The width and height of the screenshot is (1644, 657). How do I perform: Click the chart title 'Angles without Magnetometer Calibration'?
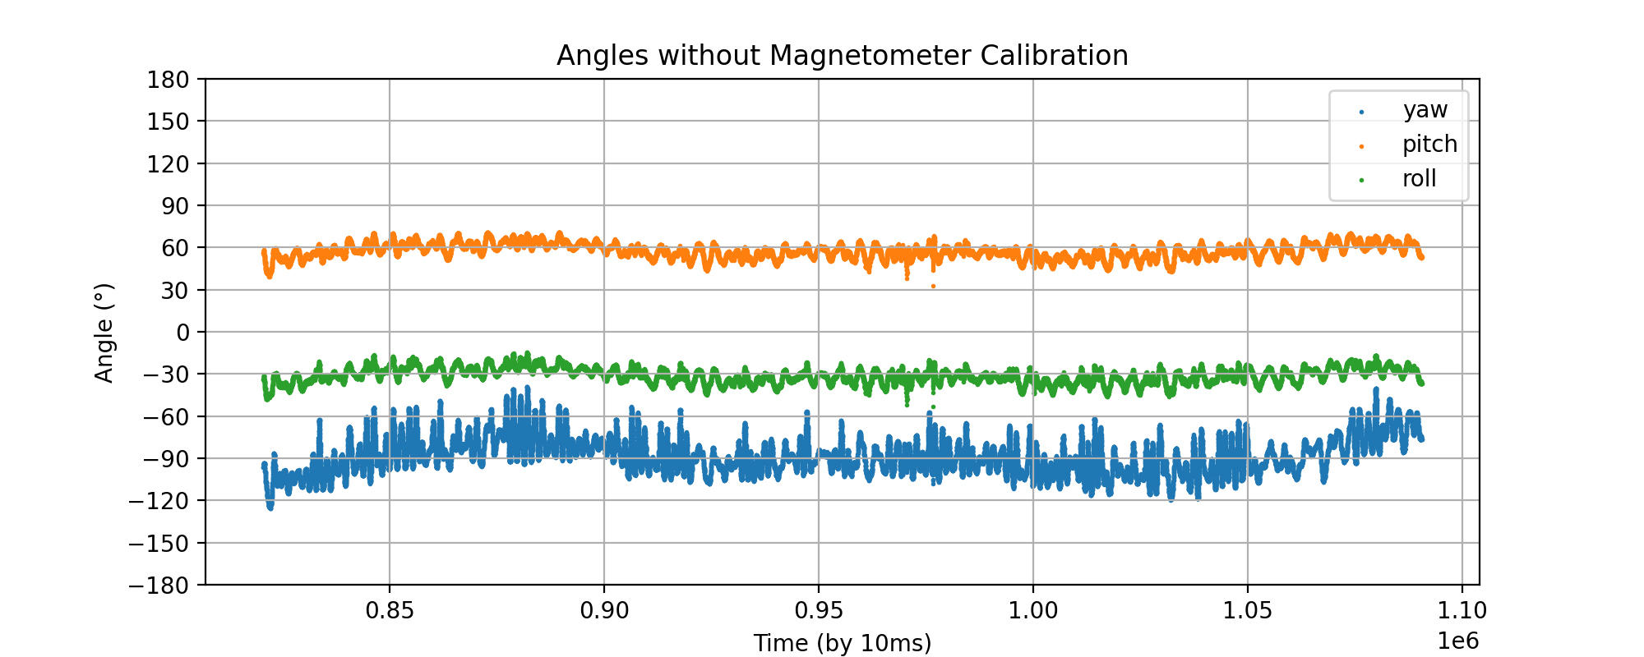842,56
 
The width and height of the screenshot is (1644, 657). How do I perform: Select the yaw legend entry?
1425,110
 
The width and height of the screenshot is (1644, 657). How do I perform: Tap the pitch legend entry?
1429,145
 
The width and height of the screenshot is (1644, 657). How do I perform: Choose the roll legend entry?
1419,179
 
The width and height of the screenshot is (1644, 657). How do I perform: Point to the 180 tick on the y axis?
169,80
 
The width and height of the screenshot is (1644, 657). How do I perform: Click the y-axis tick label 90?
174,206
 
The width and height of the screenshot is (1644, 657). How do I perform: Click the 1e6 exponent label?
1457,641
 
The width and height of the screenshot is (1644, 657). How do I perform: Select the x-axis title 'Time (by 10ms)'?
842,643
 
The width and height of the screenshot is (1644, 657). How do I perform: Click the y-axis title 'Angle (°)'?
104,333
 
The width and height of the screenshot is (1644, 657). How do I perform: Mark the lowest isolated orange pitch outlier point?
933,287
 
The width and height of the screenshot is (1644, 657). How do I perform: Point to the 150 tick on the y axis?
169,122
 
